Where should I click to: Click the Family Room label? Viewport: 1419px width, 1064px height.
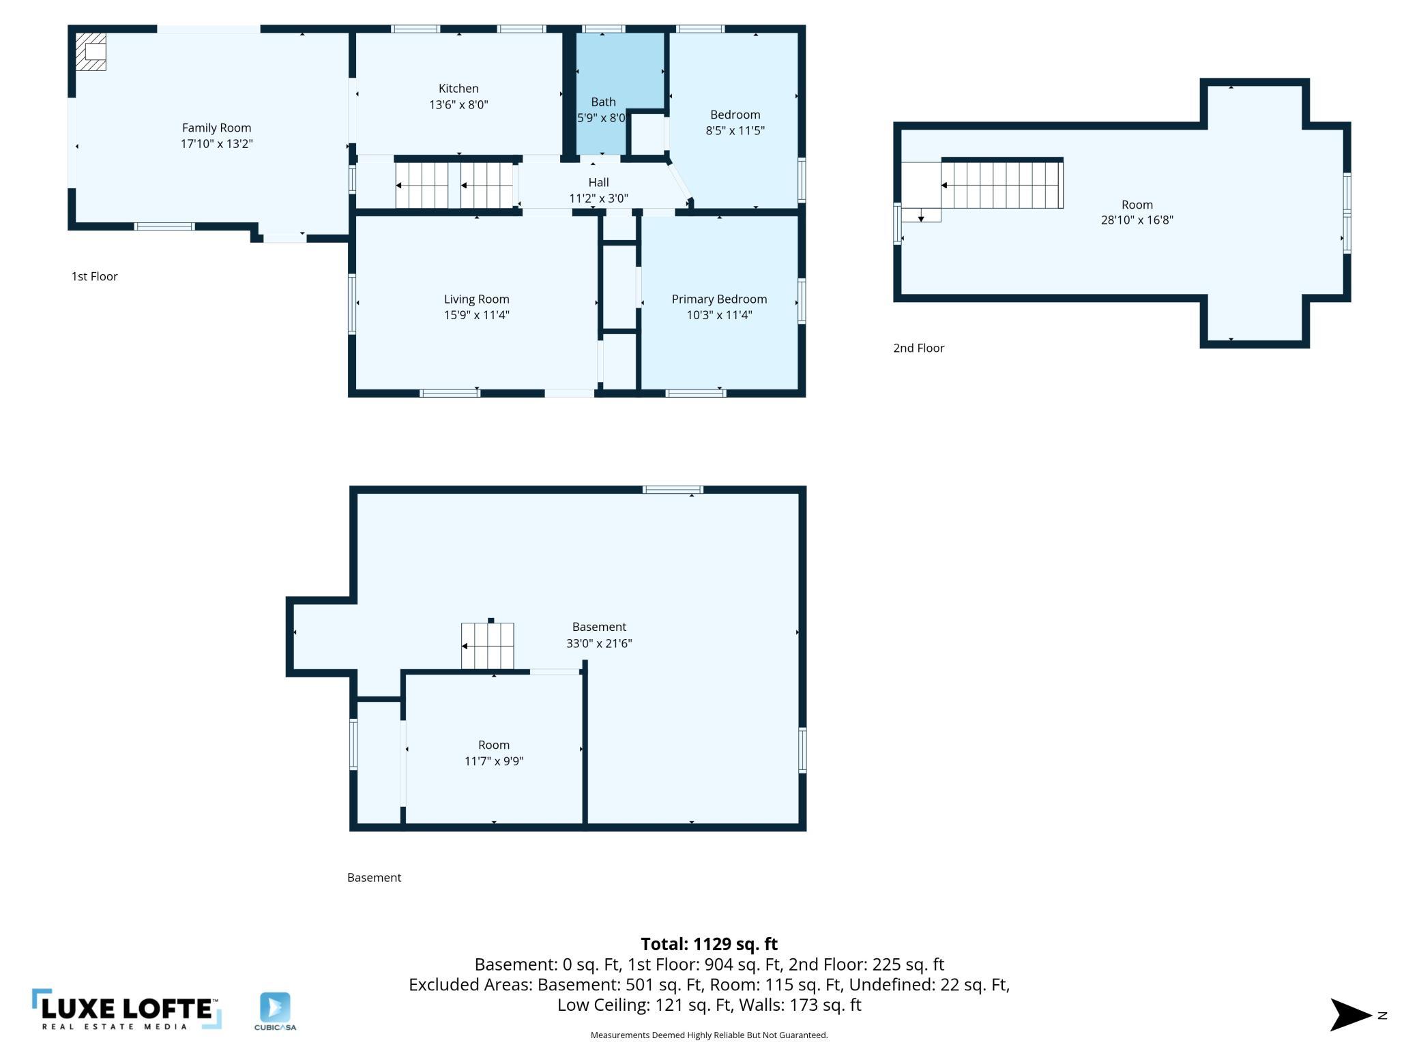pos(216,128)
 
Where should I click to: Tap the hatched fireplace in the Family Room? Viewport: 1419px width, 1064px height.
pos(91,52)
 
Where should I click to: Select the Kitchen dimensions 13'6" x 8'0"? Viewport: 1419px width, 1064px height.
pos(458,104)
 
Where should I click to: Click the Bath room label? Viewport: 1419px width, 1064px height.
pos(603,102)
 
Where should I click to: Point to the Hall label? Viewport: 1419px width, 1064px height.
pos(598,182)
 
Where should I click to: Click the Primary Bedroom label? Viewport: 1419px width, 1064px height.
pos(719,299)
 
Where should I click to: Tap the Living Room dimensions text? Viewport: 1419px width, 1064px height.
pos(476,315)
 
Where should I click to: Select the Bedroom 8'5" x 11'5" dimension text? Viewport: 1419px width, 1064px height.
pos(735,130)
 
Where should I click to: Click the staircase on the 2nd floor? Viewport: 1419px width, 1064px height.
pos(1001,184)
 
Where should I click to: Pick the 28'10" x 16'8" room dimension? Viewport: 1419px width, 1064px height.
pos(1137,220)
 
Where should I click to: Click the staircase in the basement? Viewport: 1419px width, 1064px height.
pos(487,646)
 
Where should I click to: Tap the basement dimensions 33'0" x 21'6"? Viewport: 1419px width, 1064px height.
pos(599,643)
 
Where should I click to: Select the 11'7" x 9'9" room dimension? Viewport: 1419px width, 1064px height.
pos(493,761)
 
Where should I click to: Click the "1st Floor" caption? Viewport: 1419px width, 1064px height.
pos(95,276)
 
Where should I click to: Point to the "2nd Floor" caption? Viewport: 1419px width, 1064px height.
pos(918,348)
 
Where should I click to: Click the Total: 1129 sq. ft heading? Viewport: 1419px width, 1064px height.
pos(709,944)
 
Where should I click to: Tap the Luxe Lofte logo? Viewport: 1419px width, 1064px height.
pos(127,1009)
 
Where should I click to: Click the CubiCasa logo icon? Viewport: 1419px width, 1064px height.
pos(275,1007)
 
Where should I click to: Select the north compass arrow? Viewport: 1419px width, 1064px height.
pos(1351,1015)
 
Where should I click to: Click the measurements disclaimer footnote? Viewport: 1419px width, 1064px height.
pos(709,1035)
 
